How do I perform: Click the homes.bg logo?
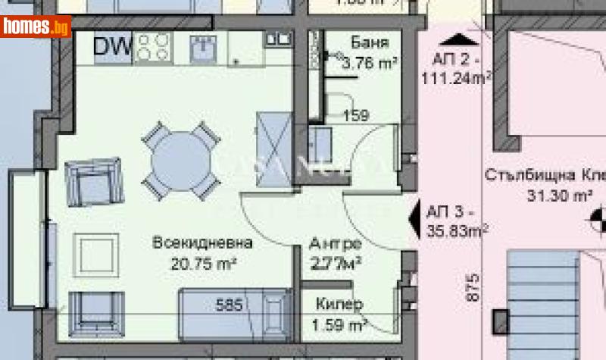(36, 27)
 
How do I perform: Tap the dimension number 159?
(356, 116)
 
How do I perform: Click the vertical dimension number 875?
(473, 290)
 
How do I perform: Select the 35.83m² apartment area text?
(458, 230)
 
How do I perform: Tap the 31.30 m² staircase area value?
(560, 196)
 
